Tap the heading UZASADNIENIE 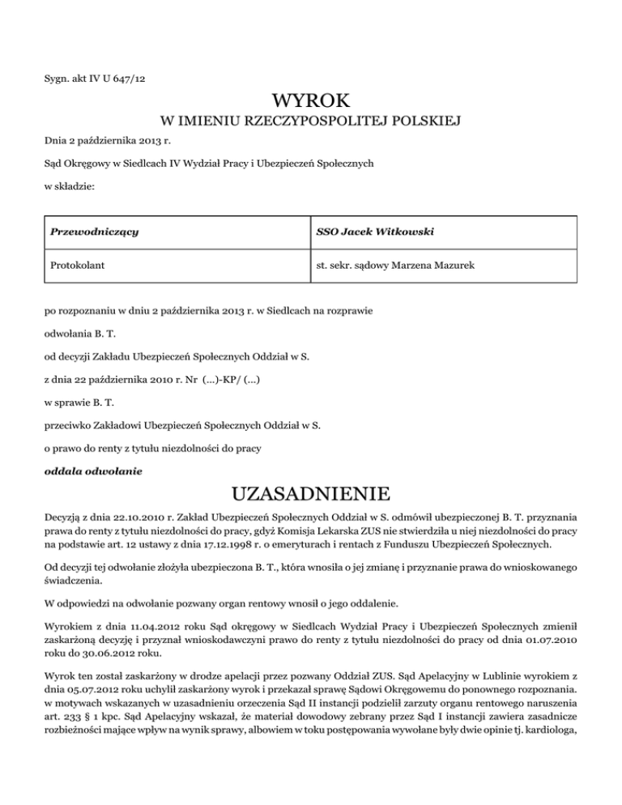click(312, 494)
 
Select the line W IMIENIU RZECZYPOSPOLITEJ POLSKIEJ click(312, 122)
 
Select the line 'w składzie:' click(67, 187)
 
